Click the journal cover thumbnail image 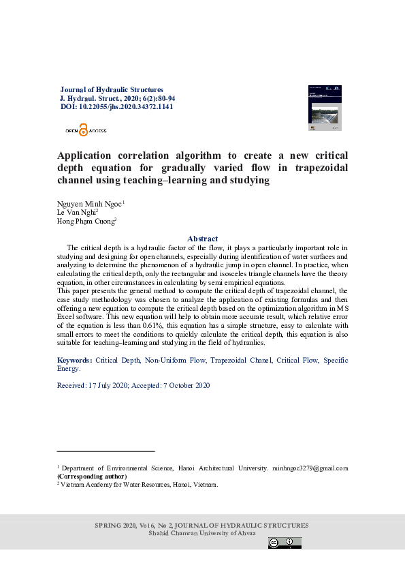click(325, 108)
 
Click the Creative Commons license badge click(285, 543)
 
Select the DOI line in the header click(116, 107)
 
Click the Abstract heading click(202, 238)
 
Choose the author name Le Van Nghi click(78, 213)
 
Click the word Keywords click(74, 359)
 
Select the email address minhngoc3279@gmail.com click(310, 468)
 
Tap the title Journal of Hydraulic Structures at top click(112, 89)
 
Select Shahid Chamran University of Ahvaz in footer click(202, 532)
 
